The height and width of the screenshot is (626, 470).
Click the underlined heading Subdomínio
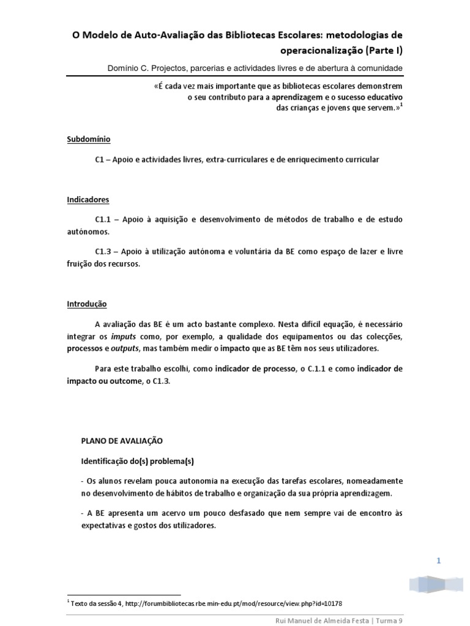pyautogui.click(x=88, y=139)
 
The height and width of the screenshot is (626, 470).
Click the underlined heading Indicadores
pyautogui.click(x=88, y=199)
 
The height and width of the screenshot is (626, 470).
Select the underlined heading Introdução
pyautogui.click(x=87, y=303)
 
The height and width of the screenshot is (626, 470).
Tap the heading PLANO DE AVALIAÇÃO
pyautogui.click(x=122, y=440)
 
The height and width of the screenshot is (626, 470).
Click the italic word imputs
pyautogui.click(x=123, y=337)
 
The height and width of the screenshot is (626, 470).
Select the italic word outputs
pyautogui.click(x=125, y=348)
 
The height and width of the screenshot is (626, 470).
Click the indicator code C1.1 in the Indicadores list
pyautogui.click(x=104, y=219)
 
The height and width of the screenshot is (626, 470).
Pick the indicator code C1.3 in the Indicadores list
pyautogui.click(x=104, y=252)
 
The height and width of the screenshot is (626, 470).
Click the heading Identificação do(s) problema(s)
pyautogui.click(x=140, y=460)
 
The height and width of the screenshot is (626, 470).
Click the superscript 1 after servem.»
pyautogui.click(x=401, y=104)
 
